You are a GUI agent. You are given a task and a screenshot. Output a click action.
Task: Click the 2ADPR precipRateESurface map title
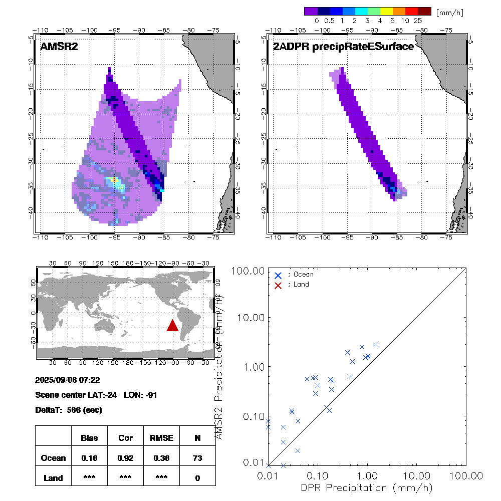343,47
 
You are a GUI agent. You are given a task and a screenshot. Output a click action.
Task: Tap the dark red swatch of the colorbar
424,11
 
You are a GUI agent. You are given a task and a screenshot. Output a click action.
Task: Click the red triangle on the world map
172,326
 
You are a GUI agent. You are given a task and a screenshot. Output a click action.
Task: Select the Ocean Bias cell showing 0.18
89,457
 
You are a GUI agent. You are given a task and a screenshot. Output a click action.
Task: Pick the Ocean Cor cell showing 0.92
125,457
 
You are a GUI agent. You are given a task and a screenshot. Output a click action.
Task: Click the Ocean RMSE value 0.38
161,457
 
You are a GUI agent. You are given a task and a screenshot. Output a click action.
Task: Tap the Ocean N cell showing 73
197,457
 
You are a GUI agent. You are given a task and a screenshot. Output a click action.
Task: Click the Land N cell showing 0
197,478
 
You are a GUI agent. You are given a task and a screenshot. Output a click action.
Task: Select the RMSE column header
161,438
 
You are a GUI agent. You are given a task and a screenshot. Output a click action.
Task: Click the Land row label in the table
54,478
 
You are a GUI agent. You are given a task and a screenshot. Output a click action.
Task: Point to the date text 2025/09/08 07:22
68,379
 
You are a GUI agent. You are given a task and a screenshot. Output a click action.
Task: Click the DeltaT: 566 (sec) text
69,410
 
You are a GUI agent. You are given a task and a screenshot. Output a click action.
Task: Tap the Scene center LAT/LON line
96,395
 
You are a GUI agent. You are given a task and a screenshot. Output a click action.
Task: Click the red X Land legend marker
279,285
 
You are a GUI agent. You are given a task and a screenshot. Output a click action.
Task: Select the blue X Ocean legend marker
279,275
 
